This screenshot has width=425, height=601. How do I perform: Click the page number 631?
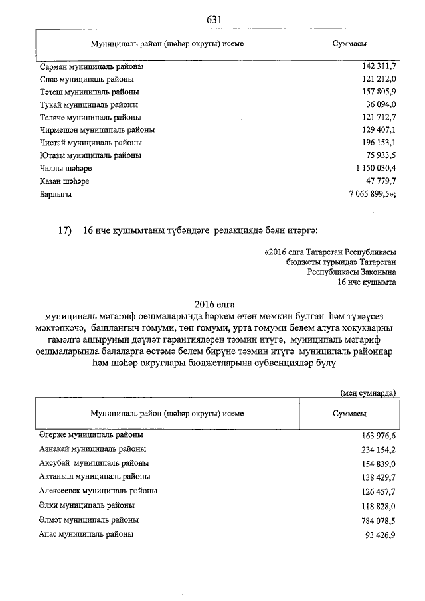pos(213,19)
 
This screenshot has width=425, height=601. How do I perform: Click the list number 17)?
pos(64,231)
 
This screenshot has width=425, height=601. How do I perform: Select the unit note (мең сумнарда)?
pos(368,392)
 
